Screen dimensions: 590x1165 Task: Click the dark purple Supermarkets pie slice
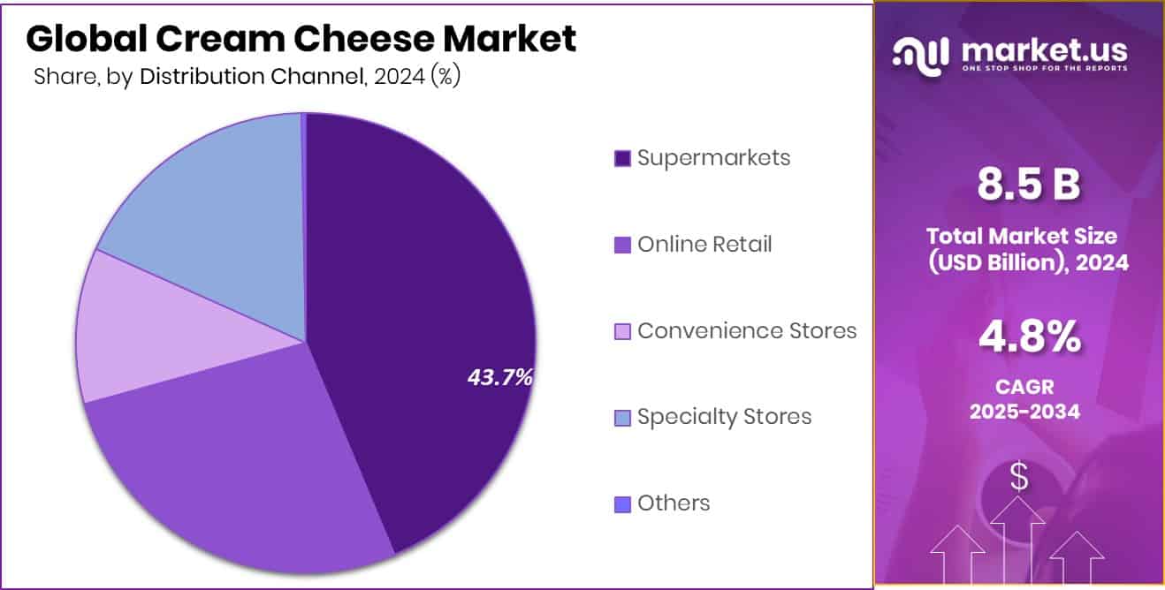(415, 291)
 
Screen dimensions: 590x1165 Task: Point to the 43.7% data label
(499, 378)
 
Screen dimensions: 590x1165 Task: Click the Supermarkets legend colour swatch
(622, 159)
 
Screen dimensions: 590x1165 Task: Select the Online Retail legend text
(704, 245)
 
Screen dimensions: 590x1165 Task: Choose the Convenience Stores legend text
(747, 330)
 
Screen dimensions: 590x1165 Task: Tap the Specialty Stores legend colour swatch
(622, 418)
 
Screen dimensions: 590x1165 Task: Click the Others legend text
(674, 503)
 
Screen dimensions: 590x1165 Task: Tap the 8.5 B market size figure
(1028, 185)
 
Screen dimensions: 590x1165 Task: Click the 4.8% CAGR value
(1028, 337)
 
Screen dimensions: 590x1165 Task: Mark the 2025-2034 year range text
(1024, 411)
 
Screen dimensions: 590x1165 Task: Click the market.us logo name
(1043, 52)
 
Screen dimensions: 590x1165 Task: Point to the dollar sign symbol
(1019, 478)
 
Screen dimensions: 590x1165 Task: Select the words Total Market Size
(1021, 237)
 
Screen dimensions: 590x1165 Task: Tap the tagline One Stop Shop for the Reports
(1043, 70)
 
